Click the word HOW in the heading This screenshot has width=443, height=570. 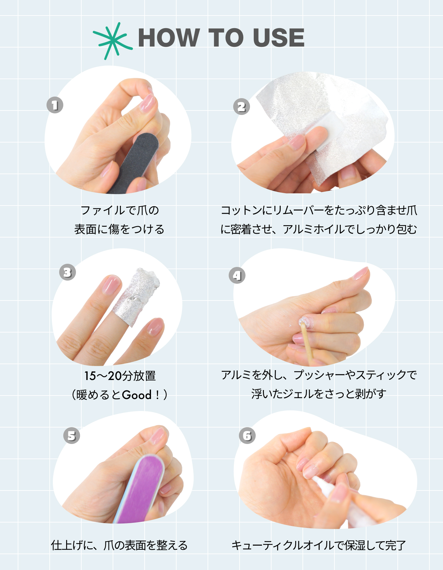click(x=169, y=38)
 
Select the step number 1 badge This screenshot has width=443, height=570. click(x=55, y=105)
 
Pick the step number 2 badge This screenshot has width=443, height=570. click(x=241, y=106)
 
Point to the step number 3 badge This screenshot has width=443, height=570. click(x=67, y=272)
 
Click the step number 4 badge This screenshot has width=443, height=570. click(x=237, y=275)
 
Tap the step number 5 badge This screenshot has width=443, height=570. click(x=72, y=435)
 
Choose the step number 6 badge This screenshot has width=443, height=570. click(x=247, y=435)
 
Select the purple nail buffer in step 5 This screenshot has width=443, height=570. click(x=139, y=489)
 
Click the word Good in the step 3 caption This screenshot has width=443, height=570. click(x=137, y=395)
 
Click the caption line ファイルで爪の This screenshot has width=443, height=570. click(x=120, y=210)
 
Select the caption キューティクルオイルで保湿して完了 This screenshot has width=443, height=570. click(x=319, y=545)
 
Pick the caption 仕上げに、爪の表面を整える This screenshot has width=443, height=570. click(x=119, y=545)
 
